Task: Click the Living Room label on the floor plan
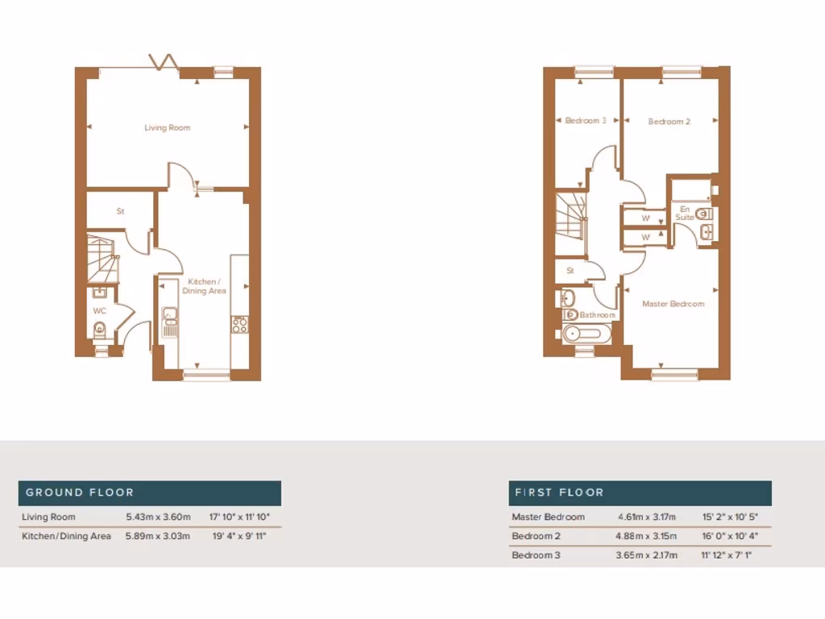[x=168, y=127]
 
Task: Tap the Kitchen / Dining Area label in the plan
[x=207, y=286]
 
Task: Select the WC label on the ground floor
[x=100, y=310]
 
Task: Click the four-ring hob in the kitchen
[x=240, y=324]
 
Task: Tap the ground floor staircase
[x=102, y=252]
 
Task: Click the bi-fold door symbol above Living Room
[x=165, y=63]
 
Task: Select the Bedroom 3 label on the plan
[x=586, y=121]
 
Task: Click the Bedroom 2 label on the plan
[x=670, y=122]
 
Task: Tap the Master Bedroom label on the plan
[x=673, y=304]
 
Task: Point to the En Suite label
[x=684, y=214]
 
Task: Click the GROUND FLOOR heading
[x=80, y=492]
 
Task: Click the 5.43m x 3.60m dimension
[x=158, y=517]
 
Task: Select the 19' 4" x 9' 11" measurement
[x=239, y=536]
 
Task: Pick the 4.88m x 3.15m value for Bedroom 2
[x=647, y=536]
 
